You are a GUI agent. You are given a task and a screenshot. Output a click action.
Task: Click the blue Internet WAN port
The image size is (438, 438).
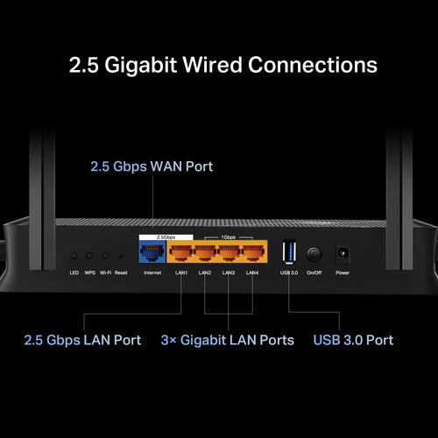click(x=152, y=253)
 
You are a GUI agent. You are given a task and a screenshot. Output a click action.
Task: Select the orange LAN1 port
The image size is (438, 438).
click(x=181, y=253)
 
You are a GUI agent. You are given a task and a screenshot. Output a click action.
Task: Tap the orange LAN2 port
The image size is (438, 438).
click(x=205, y=253)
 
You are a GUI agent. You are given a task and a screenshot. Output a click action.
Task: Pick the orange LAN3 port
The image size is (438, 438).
click(x=229, y=253)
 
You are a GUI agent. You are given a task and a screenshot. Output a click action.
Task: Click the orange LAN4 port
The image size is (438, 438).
click(x=252, y=253)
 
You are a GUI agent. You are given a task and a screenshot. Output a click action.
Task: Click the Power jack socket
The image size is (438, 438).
click(x=342, y=253)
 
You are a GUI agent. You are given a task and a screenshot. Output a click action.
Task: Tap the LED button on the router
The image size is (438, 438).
click(x=74, y=256)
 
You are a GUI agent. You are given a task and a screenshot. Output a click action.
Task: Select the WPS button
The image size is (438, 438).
click(x=90, y=256)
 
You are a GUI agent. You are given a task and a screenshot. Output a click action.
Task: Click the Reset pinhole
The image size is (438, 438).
click(x=120, y=256)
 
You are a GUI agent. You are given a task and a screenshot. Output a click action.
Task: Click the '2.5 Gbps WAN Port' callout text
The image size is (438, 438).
click(x=152, y=166)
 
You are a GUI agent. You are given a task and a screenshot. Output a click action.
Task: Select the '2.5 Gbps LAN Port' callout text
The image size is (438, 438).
click(x=82, y=339)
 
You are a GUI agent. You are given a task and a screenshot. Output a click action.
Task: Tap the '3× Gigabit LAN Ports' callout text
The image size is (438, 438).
click(x=227, y=339)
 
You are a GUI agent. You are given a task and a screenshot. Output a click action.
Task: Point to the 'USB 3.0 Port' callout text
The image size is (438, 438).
click(x=353, y=339)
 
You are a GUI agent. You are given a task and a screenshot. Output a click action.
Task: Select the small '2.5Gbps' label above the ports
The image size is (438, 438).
click(x=154, y=237)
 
